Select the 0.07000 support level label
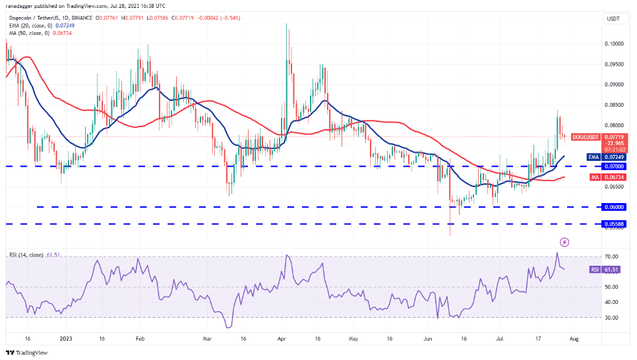[x=615, y=166]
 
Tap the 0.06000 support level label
[x=615, y=207]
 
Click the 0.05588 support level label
[x=615, y=224]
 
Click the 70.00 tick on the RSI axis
[x=612, y=256]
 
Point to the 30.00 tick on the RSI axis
[x=612, y=317]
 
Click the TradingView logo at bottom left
[x=27, y=352]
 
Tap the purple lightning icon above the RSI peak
[x=564, y=242]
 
